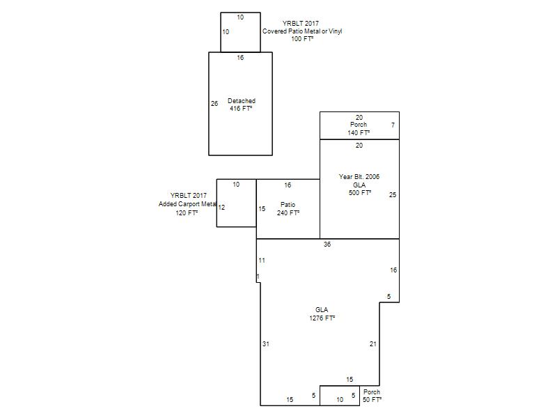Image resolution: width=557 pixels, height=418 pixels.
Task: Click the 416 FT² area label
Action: click(241, 109)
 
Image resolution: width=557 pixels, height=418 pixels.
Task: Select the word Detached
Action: click(242, 101)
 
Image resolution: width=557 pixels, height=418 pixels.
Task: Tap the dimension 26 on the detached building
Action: click(214, 104)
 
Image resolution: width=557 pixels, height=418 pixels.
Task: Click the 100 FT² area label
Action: click(302, 39)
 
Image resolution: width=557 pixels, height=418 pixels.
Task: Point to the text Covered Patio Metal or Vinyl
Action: click(302, 31)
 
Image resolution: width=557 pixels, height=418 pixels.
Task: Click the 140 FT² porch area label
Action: click(359, 132)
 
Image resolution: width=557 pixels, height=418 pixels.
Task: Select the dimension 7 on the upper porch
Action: click(393, 125)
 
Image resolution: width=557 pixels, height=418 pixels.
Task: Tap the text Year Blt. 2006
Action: click(359, 177)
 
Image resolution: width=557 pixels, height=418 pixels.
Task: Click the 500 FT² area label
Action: click(360, 193)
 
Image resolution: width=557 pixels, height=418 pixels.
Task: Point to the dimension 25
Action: click(393, 195)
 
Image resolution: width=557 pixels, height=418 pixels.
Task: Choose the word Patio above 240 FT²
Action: click(288, 205)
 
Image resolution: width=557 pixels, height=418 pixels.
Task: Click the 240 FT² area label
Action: click(288, 213)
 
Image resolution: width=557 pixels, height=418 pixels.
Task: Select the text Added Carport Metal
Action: click(187, 204)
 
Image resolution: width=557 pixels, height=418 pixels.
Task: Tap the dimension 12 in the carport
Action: click(221, 208)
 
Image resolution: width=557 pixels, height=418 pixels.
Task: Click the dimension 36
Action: click(327, 245)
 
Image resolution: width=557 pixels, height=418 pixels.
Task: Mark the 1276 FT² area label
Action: click(322, 318)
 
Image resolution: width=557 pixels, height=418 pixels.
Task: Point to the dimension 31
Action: click(266, 344)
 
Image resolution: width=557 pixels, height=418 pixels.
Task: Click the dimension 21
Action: click(373, 344)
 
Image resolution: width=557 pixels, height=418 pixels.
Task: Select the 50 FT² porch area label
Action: click(372, 400)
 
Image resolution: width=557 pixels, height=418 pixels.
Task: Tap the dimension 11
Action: click(262, 261)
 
